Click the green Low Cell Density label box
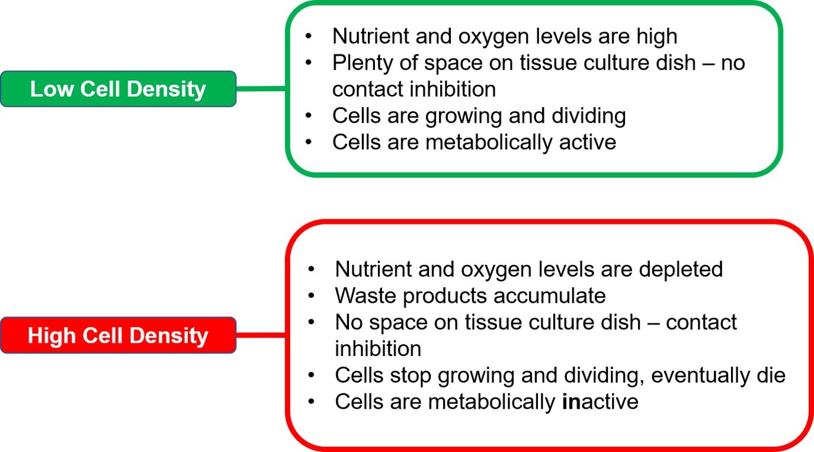point(118,89)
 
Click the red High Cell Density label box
point(118,335)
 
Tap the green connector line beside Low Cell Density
point(261,89)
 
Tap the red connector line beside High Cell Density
point(261,335)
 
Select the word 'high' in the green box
point(656,37)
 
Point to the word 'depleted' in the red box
point(681,270)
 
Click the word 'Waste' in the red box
point(366,296)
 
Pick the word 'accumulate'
point(549,296)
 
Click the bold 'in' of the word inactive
point(572,402)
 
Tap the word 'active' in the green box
point(587,142)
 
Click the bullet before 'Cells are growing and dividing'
point(309,116)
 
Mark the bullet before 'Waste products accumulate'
point(311,296)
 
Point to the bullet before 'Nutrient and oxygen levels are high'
point(309,36)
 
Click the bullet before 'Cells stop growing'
point(311,376)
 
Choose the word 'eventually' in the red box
point(700,376)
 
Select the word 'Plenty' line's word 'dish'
point(675,62)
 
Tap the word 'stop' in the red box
point(411,376)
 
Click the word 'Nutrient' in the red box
point(373,269)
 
